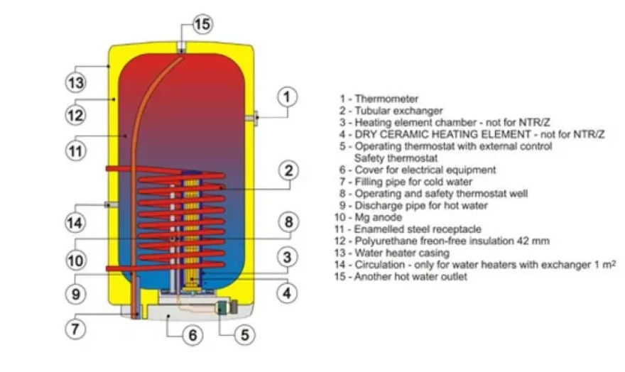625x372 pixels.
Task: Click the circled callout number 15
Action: pos(202,24)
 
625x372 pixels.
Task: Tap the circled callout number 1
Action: pos(287,97)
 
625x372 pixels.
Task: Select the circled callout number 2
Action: pos(288,170)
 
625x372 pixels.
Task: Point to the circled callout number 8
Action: pos(288,221)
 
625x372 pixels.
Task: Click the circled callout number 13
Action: pos(75,83)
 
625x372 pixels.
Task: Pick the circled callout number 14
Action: pos(75,223)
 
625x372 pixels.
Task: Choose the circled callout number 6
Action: pos(193,335)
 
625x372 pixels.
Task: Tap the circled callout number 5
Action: pos(244,335)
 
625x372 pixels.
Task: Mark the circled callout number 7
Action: pos(75,329)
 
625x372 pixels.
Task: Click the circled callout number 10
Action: pos(75,261)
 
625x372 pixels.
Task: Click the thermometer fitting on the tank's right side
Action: pos(252,118)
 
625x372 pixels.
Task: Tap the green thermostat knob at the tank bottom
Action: pos(221,307)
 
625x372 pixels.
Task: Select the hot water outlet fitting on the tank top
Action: pos(181,47)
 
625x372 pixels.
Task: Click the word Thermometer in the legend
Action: pos(386,99)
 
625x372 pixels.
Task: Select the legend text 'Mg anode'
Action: pos(379,217)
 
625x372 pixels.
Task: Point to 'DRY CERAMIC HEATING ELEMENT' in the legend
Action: pos(443,134)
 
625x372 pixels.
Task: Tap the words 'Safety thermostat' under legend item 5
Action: pos(396,158)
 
